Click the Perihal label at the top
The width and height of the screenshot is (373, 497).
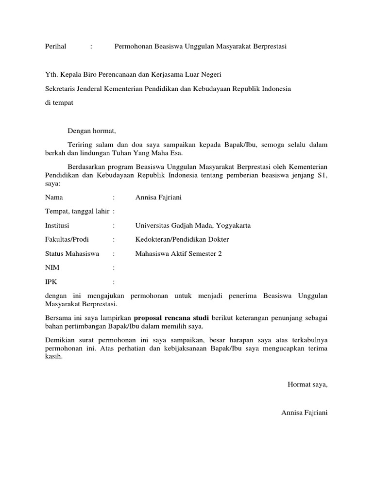55,47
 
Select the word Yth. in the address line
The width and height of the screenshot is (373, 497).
51,75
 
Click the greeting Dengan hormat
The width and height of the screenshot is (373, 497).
92,131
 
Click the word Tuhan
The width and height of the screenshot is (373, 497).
131,153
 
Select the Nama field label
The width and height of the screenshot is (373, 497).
54,198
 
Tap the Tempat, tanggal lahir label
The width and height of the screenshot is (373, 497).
77,212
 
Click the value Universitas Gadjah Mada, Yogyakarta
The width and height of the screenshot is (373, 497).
193,226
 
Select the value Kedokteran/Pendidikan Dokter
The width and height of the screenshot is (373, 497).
182,239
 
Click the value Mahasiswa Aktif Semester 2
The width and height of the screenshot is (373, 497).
178,253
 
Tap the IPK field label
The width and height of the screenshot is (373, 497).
51,282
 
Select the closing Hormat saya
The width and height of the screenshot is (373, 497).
307,385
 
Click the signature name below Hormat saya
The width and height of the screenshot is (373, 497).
305,413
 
